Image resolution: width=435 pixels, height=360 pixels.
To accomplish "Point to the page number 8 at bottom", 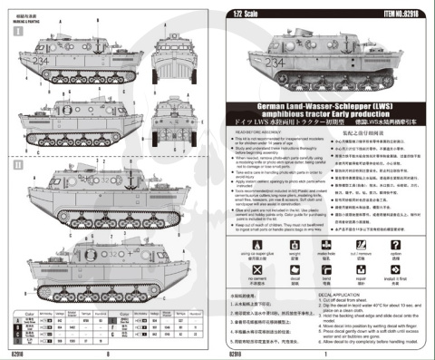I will pos(109,355).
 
